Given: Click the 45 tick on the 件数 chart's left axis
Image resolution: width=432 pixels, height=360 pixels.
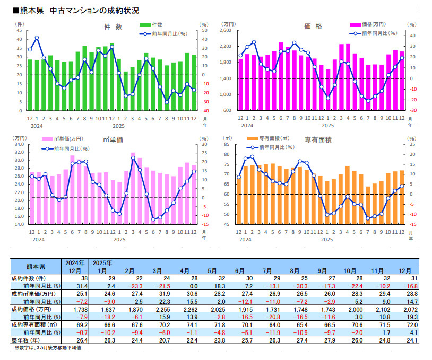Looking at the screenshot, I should (19, 31).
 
